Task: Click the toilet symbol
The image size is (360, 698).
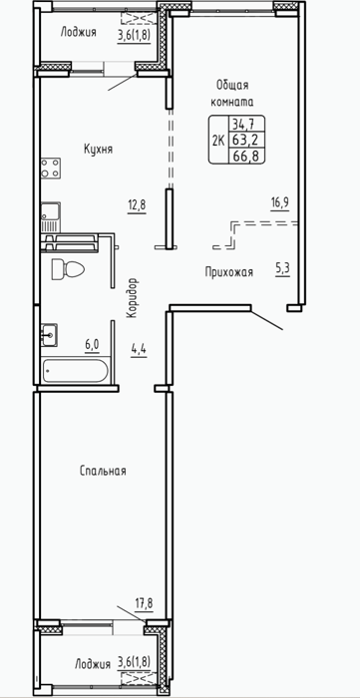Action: pos(68,269)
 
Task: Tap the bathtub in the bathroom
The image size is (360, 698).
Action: pos(75,370)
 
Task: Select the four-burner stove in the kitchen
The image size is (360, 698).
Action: pos(51,169)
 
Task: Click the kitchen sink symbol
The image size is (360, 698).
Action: pos(51,217)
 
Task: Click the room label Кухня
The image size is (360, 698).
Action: pos(98,150)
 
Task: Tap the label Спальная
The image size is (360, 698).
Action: pos(103,471)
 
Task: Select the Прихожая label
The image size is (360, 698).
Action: pos(228,272)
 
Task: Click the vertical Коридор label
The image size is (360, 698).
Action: pos(132,298)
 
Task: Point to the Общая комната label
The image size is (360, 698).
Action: pos(231,93)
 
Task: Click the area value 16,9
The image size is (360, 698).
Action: pos(280,203)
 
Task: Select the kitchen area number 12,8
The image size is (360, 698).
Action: pos(137,205)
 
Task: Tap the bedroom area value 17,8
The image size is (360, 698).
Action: pos(144,604)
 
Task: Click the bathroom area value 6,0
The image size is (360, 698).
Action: pos(91,345)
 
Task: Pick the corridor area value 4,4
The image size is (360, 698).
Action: pos(139,347)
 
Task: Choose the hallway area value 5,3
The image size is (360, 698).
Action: pos(282,268)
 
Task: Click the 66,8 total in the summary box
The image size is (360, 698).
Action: pos(246,156)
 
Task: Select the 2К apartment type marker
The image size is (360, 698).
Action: pos(218,141)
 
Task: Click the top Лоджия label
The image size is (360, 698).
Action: pos(79,32)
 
